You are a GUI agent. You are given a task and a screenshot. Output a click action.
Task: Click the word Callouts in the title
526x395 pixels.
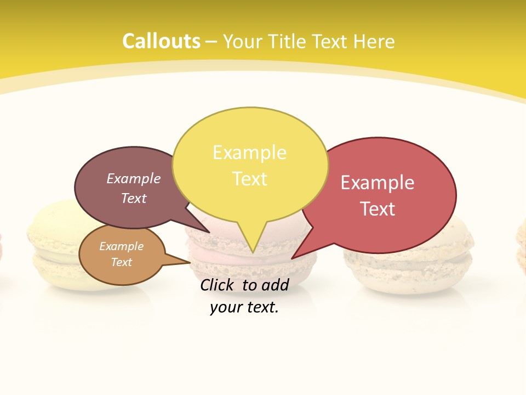tap(161, 41)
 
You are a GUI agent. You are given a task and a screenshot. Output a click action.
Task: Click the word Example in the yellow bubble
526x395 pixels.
tap(249, 153)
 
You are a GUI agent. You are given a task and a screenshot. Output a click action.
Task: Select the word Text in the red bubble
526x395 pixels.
tap(378, 208)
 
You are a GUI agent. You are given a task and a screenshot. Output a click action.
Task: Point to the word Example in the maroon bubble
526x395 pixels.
tap(133, 178)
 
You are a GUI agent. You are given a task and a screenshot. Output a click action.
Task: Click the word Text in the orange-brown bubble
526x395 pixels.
tap(122, 262)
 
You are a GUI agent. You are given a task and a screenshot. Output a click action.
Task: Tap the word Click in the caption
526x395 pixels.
tap(218, 285)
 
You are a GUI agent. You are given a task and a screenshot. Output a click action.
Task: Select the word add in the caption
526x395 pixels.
tap(275, 285)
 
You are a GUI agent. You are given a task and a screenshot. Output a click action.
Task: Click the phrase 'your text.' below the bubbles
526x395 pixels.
tap(244, 307)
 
